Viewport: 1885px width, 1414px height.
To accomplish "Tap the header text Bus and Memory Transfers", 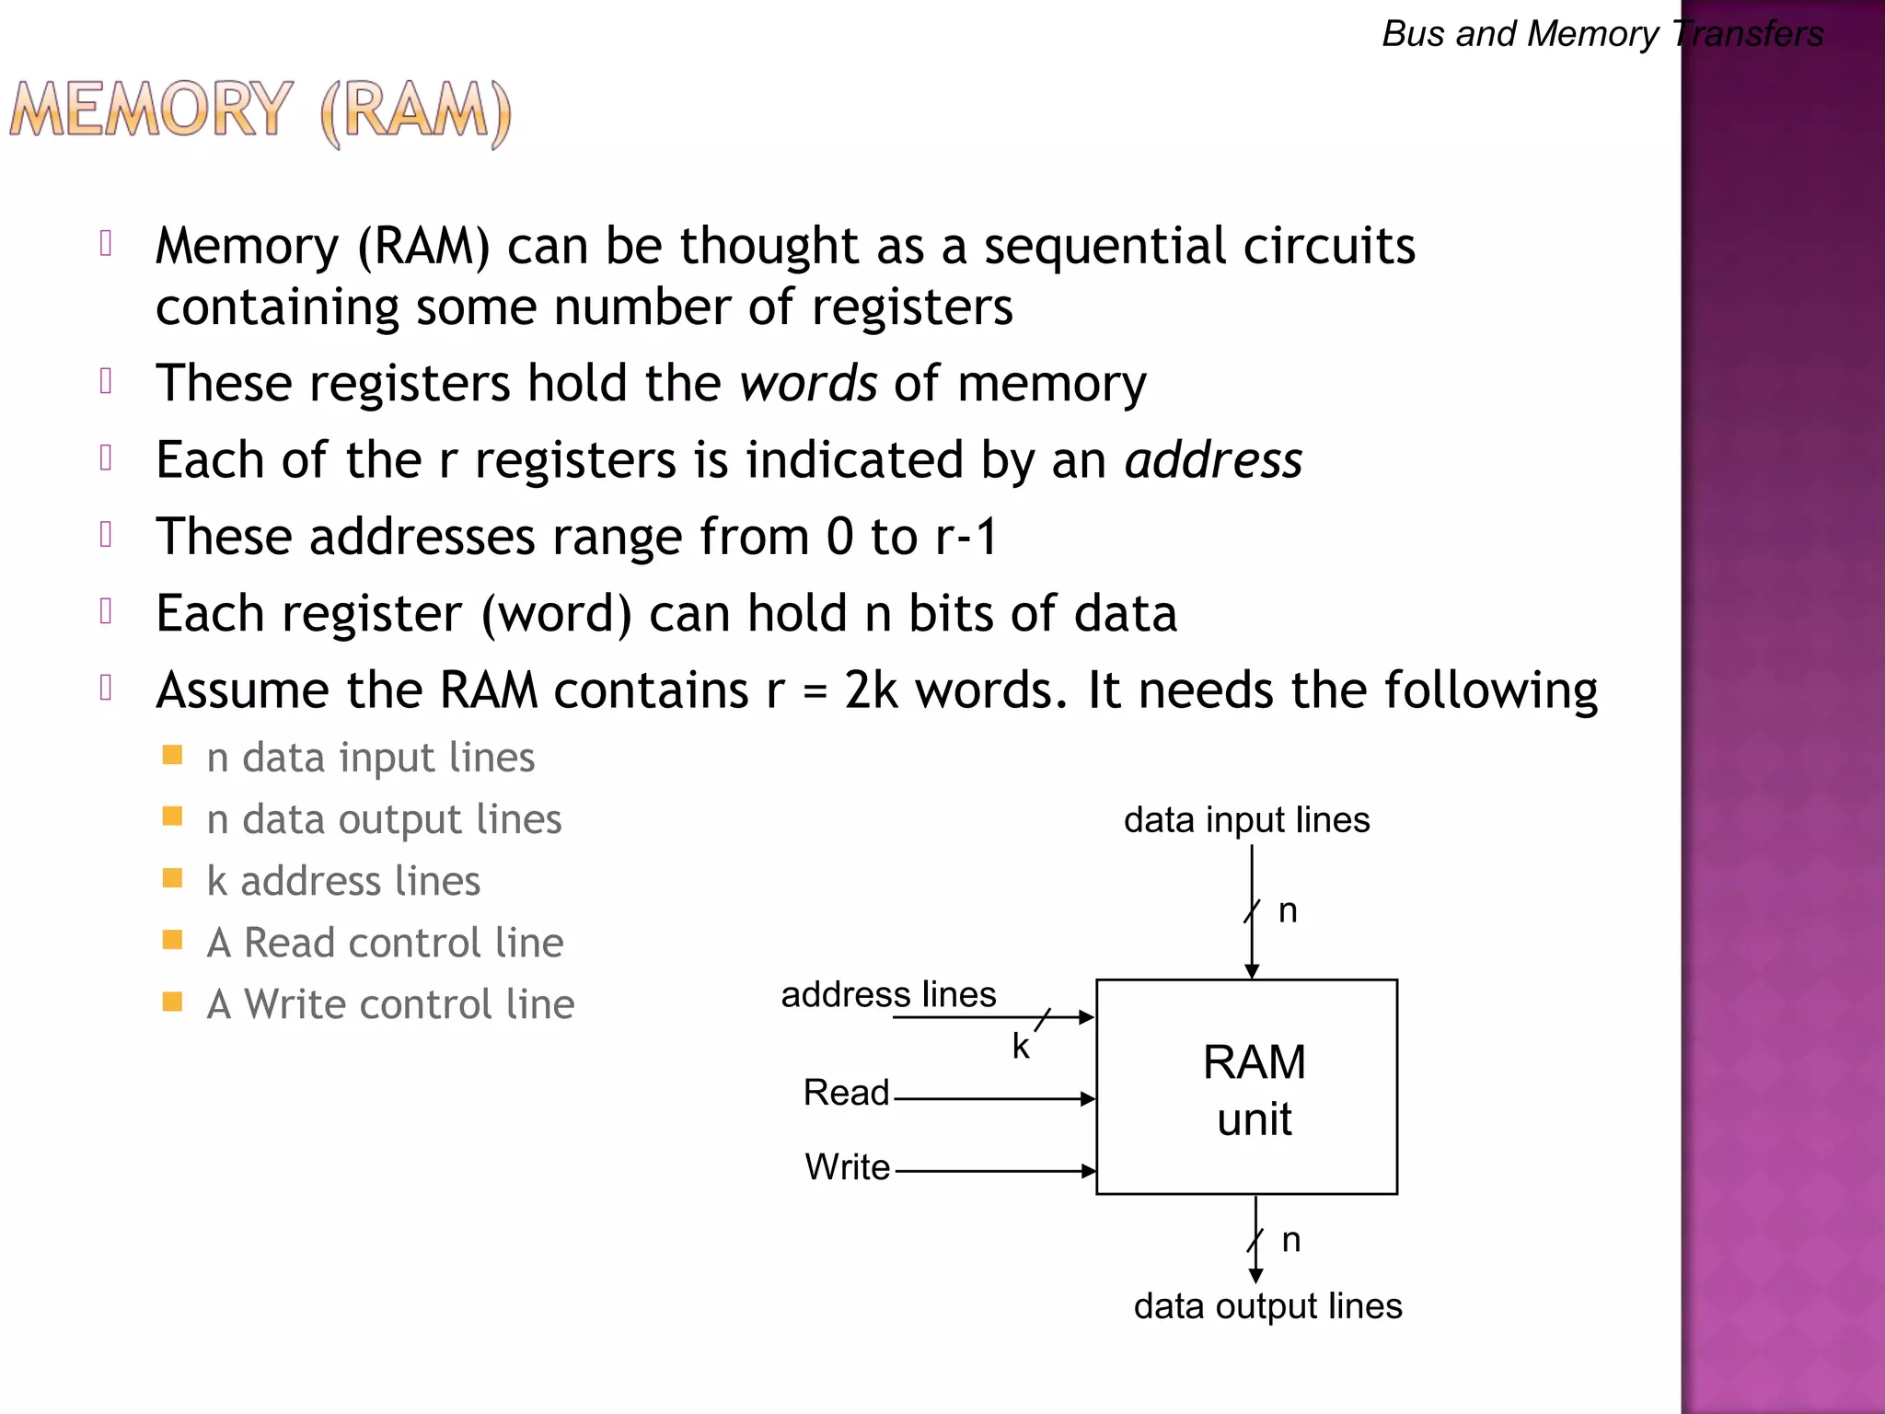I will pos(1602,34).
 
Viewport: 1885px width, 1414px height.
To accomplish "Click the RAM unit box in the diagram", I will pos(1246,1087).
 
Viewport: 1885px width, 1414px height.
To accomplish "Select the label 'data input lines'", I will pos(1246,819).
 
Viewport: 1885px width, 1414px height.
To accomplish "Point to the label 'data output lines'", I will pos(1267,1305).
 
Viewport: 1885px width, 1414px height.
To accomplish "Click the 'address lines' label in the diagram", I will pos(888,994).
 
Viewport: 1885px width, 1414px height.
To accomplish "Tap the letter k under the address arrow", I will pos(1020,1047).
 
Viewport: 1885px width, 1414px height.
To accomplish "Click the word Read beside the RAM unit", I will pos(846,1093).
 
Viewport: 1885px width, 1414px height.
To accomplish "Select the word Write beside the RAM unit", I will pos(847,1167).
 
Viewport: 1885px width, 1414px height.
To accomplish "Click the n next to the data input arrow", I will pos(1288,910).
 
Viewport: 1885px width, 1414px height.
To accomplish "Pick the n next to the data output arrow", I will pos(1291,1240).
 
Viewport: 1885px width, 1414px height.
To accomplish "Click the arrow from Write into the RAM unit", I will pos(994,1171).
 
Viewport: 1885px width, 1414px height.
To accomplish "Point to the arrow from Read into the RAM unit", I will pos(994,1098).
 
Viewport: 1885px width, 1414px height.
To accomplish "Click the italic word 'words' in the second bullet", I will pos(808,383).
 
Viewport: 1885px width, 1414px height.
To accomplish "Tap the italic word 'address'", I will pos(1213,459).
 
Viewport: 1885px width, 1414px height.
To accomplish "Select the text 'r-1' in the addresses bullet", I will pos(966,537).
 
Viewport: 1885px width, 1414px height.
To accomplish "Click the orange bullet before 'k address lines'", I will pos(172,878).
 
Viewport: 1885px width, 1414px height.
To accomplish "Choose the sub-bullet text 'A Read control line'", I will pos(385,943).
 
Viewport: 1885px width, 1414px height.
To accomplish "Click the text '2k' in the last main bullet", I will pos(870,690).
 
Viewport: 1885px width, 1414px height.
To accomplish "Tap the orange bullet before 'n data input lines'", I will pos(172,756).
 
